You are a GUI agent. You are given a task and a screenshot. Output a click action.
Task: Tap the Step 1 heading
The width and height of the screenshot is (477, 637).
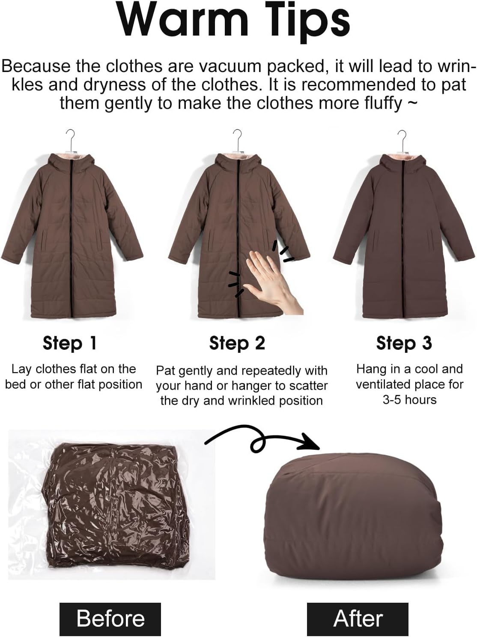point(69,343)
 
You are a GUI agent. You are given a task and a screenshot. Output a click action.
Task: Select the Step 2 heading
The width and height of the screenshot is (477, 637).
point(237,343)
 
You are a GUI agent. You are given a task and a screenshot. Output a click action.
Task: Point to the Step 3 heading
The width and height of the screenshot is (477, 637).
point(404,343)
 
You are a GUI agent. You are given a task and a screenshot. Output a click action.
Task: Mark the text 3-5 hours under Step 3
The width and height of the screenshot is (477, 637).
point(409,400)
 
